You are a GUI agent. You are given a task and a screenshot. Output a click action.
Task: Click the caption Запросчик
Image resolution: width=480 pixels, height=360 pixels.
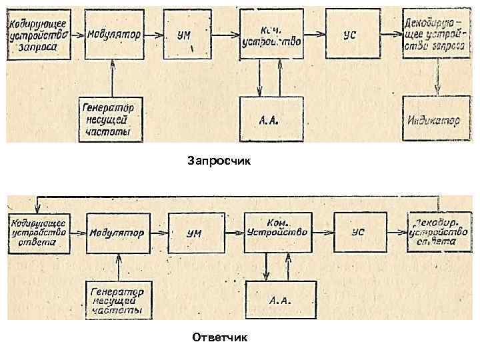pyautogui.click(x=220, y=161)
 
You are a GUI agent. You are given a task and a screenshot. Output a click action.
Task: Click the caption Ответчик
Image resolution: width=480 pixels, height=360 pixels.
pyautogui.click(x=219, y=337)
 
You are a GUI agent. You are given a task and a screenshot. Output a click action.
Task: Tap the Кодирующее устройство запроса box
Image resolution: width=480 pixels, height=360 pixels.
pyautogui.click(x=39, y=35)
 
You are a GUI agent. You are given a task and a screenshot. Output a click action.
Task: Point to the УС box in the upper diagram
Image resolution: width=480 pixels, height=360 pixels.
pyautogui.click(x=349, y=35)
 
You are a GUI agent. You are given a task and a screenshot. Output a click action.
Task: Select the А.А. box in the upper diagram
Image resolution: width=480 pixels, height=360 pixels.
pyautogui.click(x=270, y=120)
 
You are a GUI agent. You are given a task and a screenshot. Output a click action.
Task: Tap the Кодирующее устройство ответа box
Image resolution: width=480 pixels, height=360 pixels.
pyautogui.click(x=37, y=233)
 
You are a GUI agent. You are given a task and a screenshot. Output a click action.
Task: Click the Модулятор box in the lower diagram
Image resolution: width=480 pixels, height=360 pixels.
pyautogui.click(x=117, y=233)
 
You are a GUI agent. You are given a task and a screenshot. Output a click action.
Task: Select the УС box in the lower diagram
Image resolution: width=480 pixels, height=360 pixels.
pyautogui.click(x=358, y=233)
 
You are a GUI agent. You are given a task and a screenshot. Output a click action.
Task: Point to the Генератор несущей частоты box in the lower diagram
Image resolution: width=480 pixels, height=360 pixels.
pyautogui.click(x=118, y=300)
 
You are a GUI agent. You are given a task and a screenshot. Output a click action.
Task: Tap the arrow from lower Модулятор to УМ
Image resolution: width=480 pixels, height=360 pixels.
pyautogui.click(x=157, y=233)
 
